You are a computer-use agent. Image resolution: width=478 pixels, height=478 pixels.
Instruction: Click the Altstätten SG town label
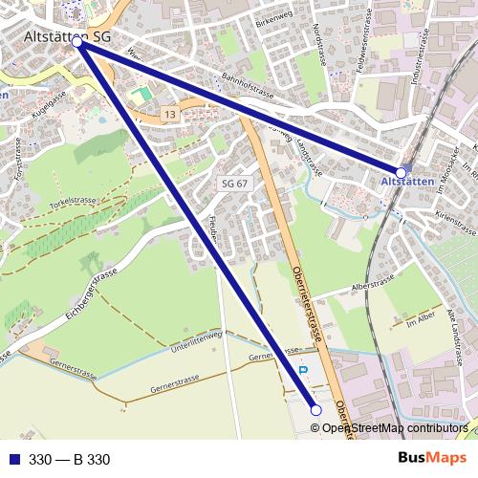[x=66, y=35]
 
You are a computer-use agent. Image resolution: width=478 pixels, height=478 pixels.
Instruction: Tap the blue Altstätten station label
[x=407, y=181]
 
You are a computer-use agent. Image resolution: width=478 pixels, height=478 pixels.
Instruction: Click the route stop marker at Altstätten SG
[x=77, y=43]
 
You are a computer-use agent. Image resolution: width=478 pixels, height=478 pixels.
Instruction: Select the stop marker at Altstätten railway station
[x=402, y=172]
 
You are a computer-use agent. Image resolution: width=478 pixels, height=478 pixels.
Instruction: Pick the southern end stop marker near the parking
[x=316, y=409]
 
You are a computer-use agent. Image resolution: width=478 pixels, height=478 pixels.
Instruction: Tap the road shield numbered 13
[x=169, y=114]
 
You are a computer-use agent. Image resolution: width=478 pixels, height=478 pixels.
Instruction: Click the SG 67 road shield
[x=234, y=183]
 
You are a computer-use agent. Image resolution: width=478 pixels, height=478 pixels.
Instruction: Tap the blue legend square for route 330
[x=14, y=460]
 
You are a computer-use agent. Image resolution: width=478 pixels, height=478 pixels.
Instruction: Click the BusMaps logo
[x=431, y=459]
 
